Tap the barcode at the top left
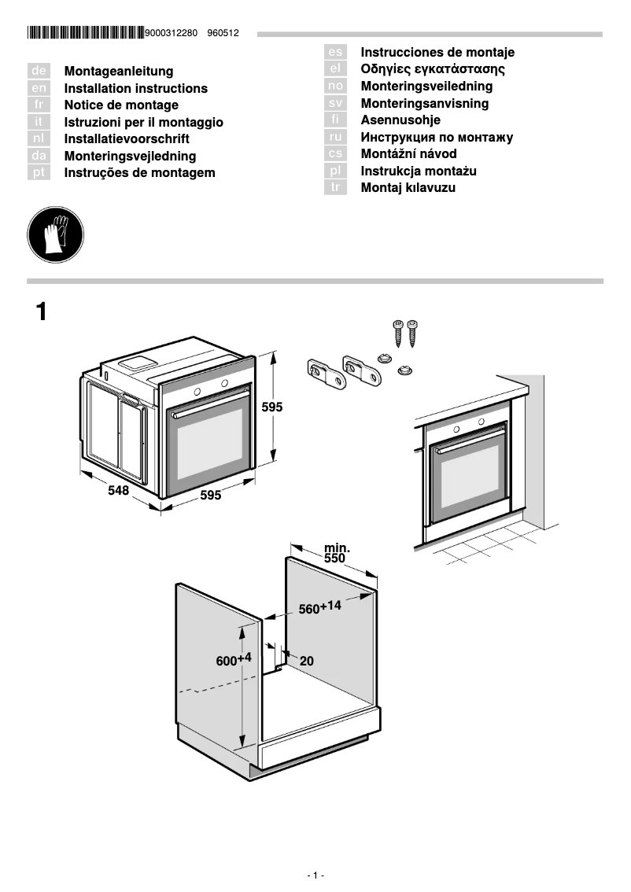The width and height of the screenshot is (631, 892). tap(85, 34)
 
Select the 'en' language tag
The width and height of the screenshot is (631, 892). tap(39, 89)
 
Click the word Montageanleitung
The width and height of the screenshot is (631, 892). tap(118, 72)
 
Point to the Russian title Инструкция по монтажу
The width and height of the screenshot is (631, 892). tap(437, 138)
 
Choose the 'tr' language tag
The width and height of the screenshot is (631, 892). tap(336, 188)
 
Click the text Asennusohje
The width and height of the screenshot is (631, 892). tap(400, 120)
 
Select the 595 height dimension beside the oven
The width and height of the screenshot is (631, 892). tap(271, 407)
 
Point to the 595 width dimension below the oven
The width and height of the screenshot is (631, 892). tap(210, 496)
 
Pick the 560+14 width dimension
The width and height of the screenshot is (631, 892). tap(319, 607)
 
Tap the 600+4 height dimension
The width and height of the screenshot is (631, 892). tap(233, 660)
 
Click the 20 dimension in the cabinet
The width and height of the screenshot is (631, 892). tap(306, 662)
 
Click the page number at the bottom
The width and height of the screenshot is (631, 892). tap(315, 875)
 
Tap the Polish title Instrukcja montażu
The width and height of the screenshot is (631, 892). tap(419, 171)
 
